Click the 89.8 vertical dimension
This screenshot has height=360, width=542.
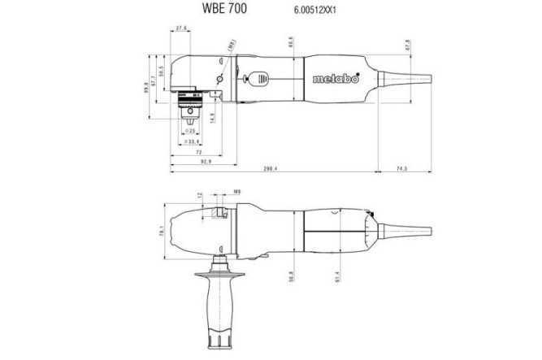pos(145,85)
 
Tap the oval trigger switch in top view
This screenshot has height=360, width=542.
pos(262,79)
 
